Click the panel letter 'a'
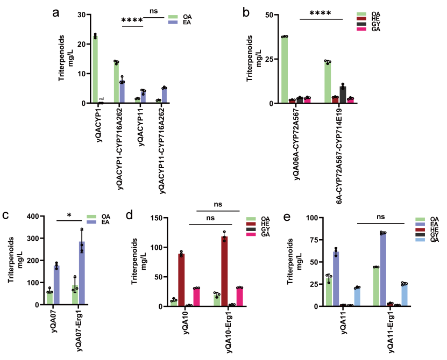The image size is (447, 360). point(55,14)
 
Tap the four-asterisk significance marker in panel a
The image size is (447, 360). point(132,21)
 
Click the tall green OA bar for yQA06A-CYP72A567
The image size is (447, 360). point(284,70)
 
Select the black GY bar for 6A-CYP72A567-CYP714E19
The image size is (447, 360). point(342,95)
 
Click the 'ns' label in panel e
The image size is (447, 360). point(381,218)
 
